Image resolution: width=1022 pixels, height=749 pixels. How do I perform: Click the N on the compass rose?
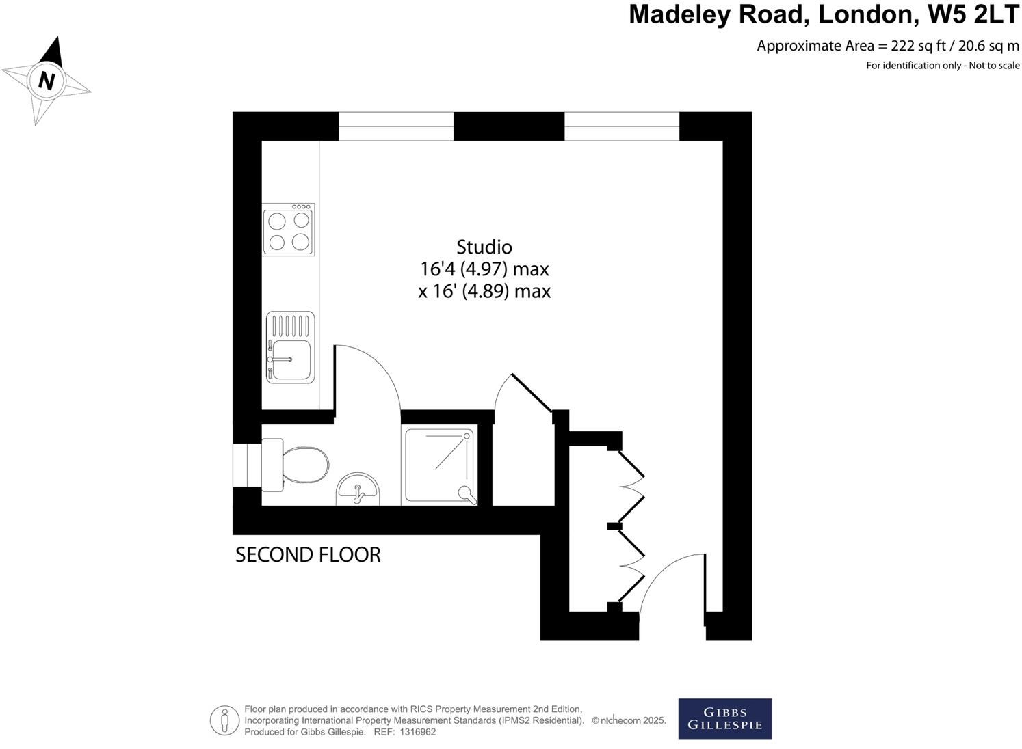(x=46, y=81)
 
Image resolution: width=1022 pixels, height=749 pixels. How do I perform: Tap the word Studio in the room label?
(x=484, y=247)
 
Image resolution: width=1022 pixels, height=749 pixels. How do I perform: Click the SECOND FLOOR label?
(x=308, y=555)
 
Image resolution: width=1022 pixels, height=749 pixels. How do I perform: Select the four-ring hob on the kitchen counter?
(x=289, y=230)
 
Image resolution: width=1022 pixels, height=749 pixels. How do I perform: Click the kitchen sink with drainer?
(x=290, y=348)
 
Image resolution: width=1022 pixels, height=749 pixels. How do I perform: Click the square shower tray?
(x=440, y=466)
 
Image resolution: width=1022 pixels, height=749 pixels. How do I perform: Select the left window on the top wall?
(x=396, y=126)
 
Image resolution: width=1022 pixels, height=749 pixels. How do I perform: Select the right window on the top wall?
(x=621, y=126)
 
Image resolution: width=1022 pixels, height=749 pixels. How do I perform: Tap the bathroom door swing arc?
(x=373, y=376)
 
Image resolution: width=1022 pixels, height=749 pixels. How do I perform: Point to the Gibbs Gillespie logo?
(x=724, y=719)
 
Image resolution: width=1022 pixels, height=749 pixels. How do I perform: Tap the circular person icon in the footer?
(x=224, y=720)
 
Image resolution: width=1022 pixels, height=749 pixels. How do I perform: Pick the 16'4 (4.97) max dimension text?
(x=484, y=269)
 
